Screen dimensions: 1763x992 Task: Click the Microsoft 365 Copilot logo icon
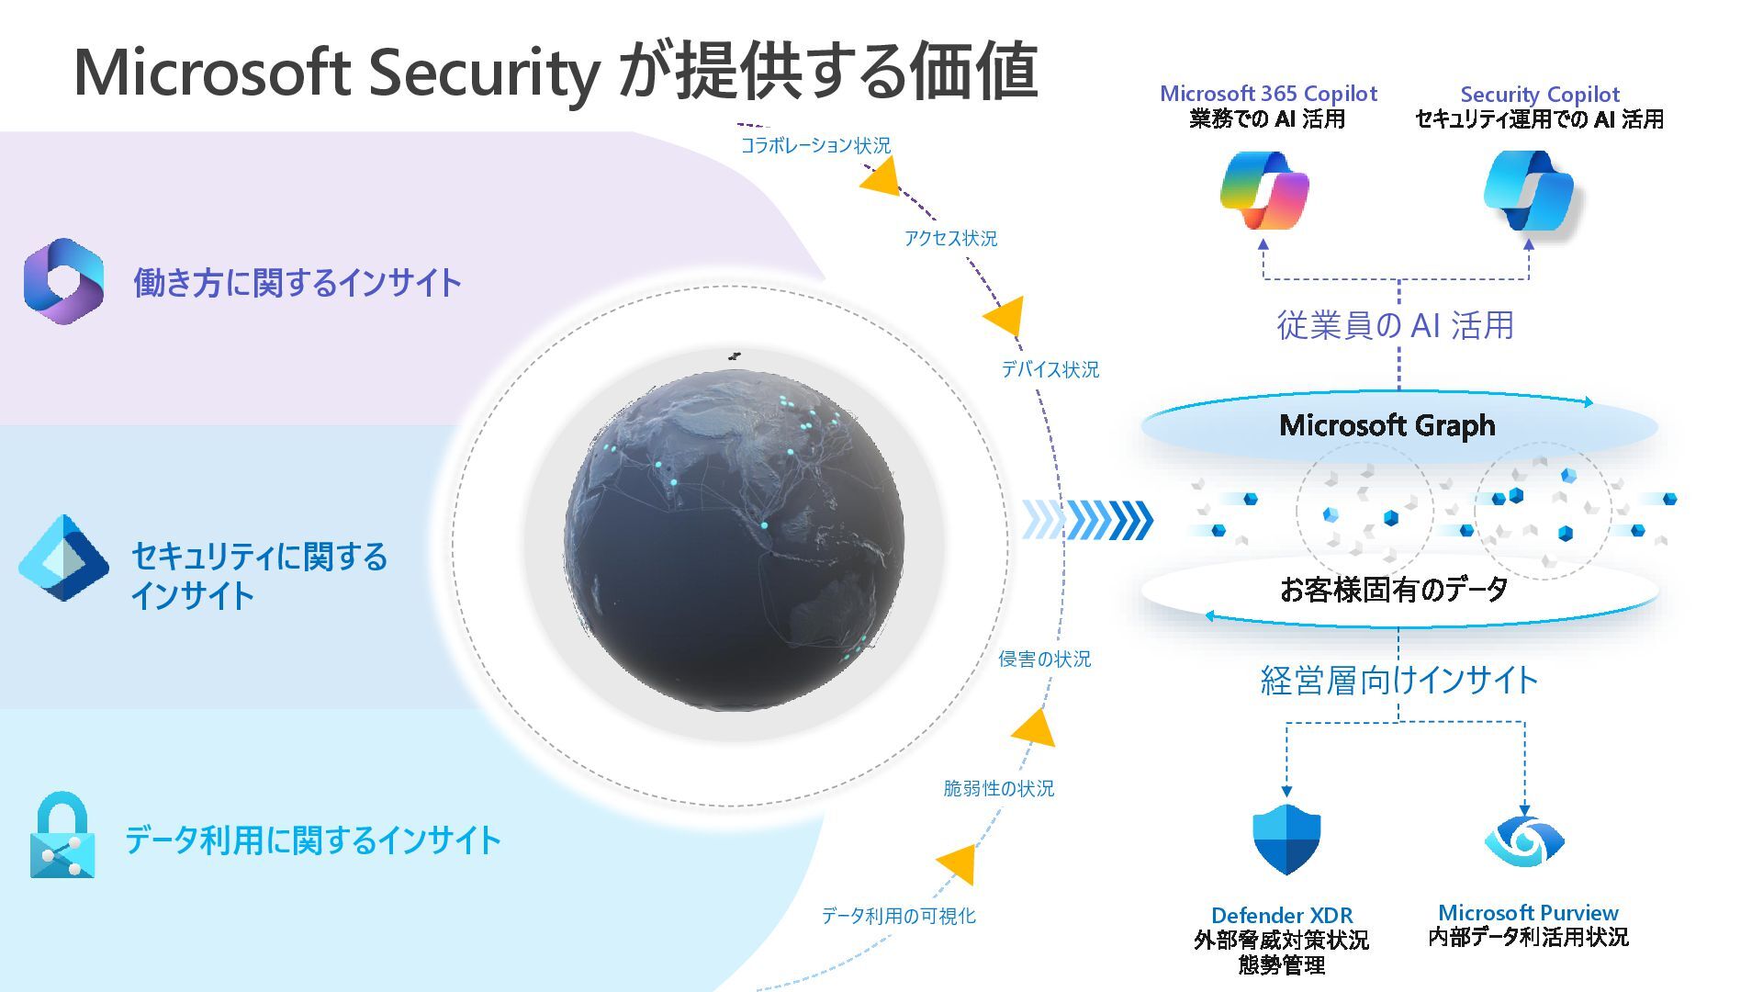tap(1264, 192)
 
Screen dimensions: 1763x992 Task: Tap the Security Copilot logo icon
tap(1529, 192)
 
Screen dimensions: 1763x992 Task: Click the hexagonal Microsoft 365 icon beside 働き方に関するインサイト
tap(63, 281)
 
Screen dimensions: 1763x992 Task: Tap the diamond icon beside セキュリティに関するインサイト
tap(63, 558)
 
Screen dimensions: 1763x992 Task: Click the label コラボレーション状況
tap(815, 145)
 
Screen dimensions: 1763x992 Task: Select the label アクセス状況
tap(950, 239)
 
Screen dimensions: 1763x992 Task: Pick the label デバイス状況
tap(1050, 369)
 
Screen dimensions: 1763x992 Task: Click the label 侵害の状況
tap(1044, 659)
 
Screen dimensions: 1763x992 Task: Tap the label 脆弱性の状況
tap(998, 788)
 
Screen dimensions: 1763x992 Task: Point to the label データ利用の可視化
tap(898, 916)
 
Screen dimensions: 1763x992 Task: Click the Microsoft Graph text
tap(1387, 425)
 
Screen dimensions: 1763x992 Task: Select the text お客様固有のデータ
tap(1394, 589)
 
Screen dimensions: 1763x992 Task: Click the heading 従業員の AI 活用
tap(1395, 325)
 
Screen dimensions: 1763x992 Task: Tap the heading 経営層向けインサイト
tap(1398, 681)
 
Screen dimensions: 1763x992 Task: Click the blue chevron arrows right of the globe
tap(1088, 520)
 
